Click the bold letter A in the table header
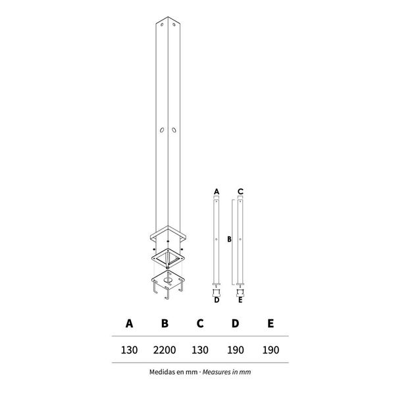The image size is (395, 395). [x=130, y=323]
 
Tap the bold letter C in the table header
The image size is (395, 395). [x=201, y=323]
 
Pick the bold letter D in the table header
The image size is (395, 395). [x=235, y=323]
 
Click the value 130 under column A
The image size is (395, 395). [x=130, y=350]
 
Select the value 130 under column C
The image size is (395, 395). [x=201, y=350]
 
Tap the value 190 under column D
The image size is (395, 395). [x=235, y=350]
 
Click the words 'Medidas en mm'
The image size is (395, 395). [x=172, y=372]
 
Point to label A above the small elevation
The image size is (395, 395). [x=216, y=191]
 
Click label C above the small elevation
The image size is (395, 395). [x=241, y=191]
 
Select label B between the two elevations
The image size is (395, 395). [x=228, y=240]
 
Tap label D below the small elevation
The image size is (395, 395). [x=216, y=300]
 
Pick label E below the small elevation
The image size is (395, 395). [x=241, y=300]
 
